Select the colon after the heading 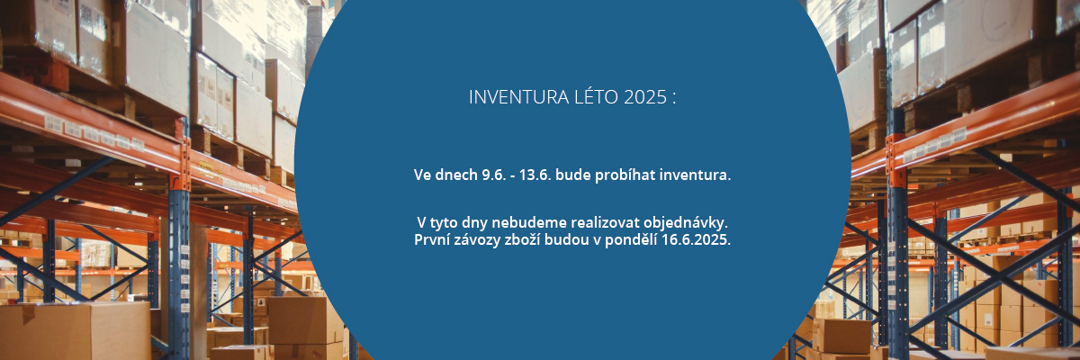(673, 99)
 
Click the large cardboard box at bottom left (75, 330)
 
